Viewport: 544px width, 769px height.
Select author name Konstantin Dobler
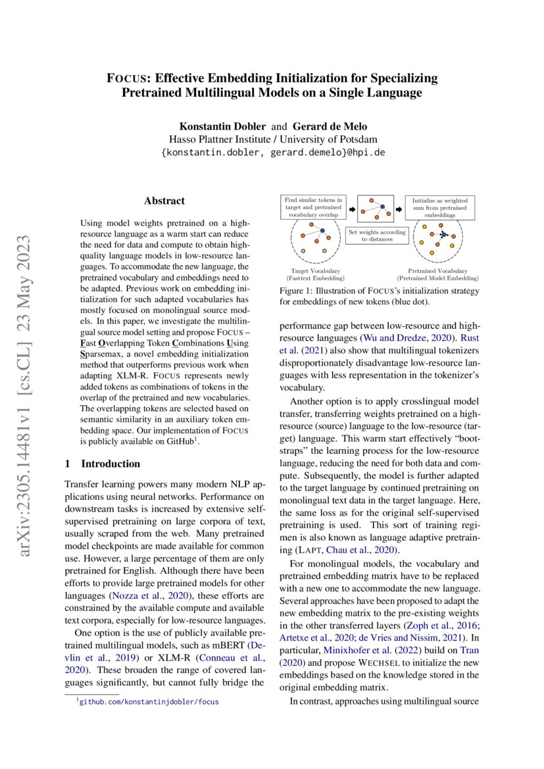point(223,126)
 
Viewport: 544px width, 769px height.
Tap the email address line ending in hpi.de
point(273,152)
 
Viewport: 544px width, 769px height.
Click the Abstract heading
point(164,201)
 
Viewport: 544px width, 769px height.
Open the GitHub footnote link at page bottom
point(149,701)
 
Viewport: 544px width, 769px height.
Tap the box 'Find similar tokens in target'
point(312,206)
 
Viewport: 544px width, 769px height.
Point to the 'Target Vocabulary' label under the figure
point(315,270)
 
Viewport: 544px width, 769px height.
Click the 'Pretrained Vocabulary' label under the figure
point(438,270)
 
